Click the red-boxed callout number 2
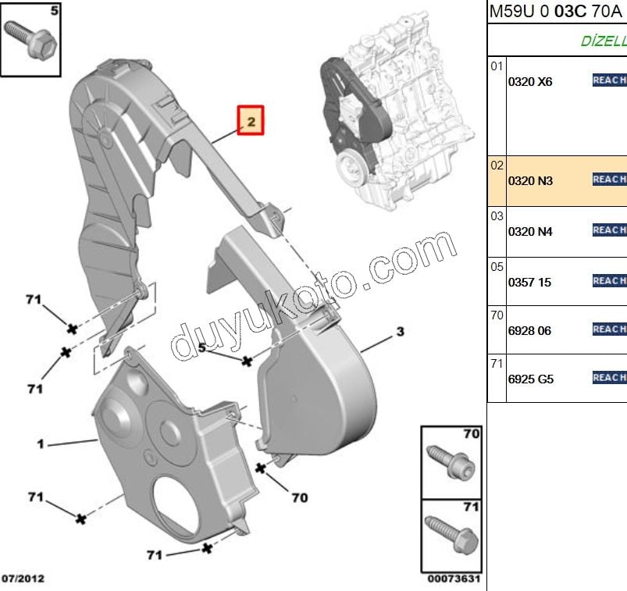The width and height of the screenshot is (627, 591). (251, 121)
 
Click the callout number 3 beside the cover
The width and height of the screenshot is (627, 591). (400, 333)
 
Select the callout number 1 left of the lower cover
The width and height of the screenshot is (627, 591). (40, 445)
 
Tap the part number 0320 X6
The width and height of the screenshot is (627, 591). (530, 81)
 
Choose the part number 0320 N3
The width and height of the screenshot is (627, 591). (530, 181)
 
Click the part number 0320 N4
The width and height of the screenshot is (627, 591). (530, 231)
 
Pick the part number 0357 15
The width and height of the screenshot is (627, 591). (529, 282)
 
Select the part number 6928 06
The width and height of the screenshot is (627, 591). (529, 331)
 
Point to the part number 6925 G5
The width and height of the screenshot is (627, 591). (530, 380)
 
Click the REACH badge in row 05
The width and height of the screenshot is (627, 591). (610, 280)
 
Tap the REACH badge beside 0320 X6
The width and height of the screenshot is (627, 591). (610, 80)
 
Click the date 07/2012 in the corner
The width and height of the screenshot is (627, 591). (23, 579)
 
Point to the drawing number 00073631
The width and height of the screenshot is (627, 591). (453, 579)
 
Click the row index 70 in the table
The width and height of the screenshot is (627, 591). (497, 316)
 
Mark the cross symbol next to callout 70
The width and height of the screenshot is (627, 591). (260, 468)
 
